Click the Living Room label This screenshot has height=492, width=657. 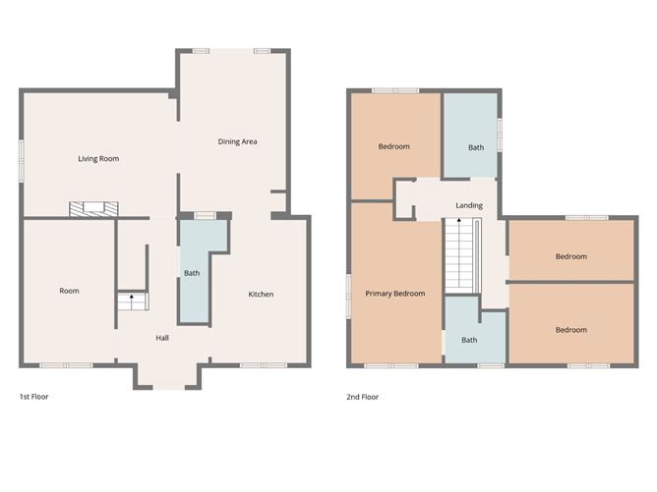[x=98, y=158]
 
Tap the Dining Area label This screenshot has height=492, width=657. [x=237, y=142]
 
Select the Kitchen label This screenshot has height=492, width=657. [x=261, y=295]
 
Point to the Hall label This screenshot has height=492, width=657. [x=162, y=339]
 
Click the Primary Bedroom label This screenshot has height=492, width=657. [x=395, y=294]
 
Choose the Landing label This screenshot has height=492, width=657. [x=468, y=205]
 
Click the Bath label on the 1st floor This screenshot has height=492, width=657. [x=192, y=273]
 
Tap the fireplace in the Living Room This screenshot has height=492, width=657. [x=93, y=208]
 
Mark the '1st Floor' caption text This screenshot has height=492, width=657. [x=33, y=397]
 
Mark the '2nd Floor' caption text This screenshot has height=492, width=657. [x=362, y=397]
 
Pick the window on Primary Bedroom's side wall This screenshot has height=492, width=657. [x=348, y=296]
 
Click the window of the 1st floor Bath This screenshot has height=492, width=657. [x=205, y=214]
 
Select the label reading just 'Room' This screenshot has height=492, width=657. [x=69, y=291]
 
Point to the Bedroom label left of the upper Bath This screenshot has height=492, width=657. [x=393, y=146]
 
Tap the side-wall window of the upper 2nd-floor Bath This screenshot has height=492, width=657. [x=500, y=136]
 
